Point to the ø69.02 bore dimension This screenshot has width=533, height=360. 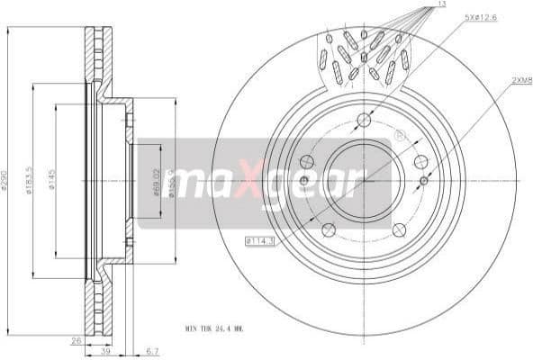tap(156, 183)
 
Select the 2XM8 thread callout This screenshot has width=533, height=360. tap(522, 80)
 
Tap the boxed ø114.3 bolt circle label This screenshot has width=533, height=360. tap(259, 240)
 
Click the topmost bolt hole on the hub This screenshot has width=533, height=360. tap(364, 121)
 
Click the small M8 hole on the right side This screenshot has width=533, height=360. tap(424, 181)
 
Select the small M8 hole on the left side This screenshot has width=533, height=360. tap(303, 181)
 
